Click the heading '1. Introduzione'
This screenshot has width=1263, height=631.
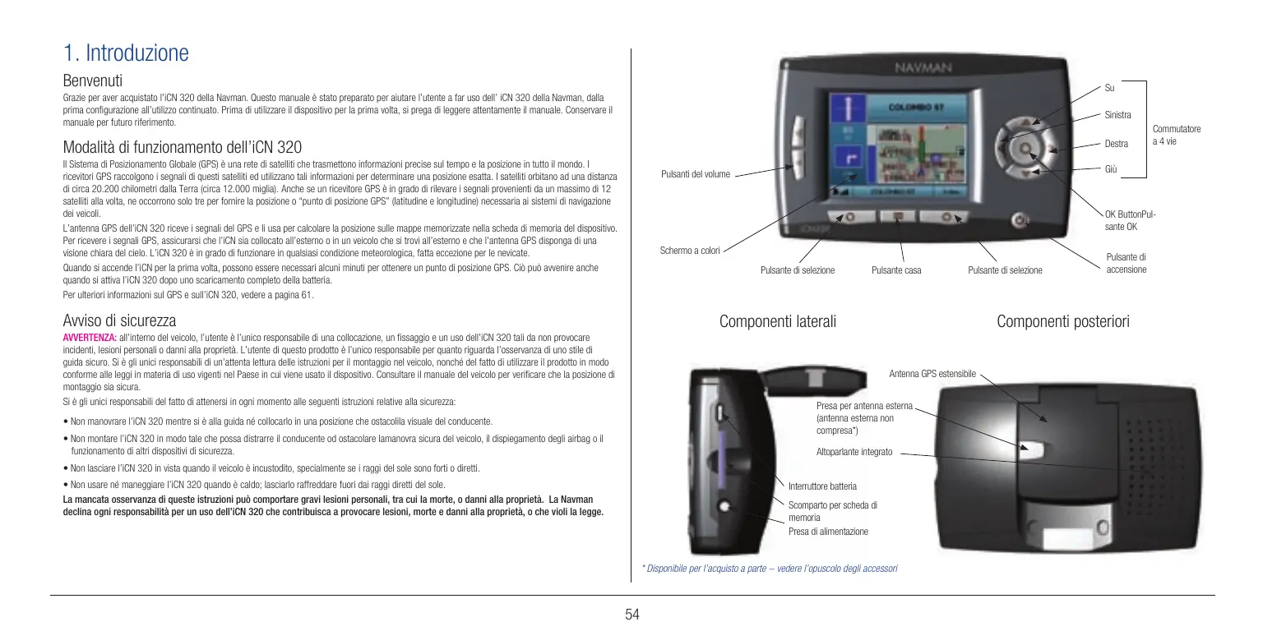pyautogui.click(x=126, y=54)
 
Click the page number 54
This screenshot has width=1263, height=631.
pyautogui.click(x=631, y=614)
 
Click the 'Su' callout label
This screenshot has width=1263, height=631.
pyautogui.click(x=1109, y=87)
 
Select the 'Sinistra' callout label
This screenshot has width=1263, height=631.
pyautogui.click(x=1118, y=114)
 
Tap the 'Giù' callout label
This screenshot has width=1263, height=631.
pyautogui.click(x=1111, y=170)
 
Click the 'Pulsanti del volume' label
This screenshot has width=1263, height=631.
pyautogui.click(x=696, y=174)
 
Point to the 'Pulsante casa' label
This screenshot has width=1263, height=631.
pyautogui.click(x=896, y=270)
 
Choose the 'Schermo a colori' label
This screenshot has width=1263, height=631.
pyautogui.click(x=690, y=250)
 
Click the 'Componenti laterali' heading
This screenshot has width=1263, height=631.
pyautogui.click(x=777, y=322)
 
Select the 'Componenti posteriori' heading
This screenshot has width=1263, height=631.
pyautogui.click(x=1062, y=322)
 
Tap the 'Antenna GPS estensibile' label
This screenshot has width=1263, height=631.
pyautogui.click(x=932, y=375)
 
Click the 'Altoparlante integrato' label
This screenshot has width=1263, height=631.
pyautogui.click(x=854, y=453)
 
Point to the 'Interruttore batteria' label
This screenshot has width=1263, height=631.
pyautogui.click(x=822, y=486)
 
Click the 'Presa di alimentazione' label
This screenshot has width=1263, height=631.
pyautogui.click(x=828, y=532)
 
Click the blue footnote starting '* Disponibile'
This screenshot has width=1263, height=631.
pyautogui.click(x=769, y=569)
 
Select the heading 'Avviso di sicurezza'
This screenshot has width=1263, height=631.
pyautogui.click(x=119, y=320)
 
